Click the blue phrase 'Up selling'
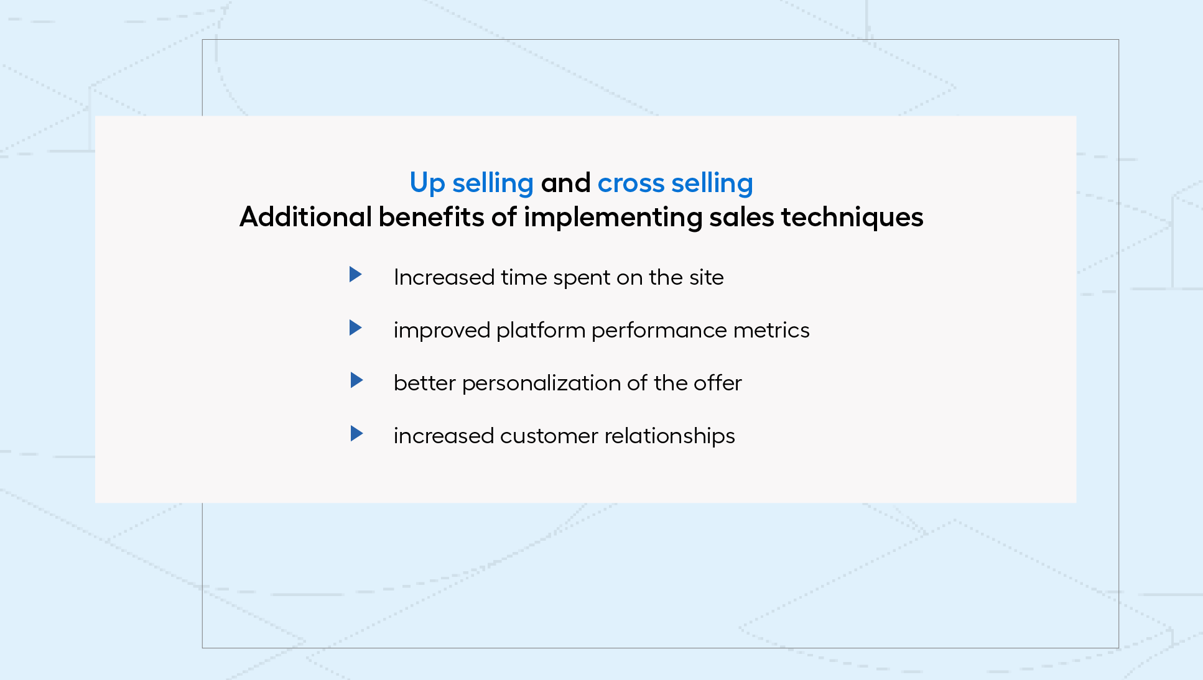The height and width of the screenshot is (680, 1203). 471,183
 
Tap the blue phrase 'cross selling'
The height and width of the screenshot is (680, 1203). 676,183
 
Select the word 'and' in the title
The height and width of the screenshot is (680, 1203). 566,183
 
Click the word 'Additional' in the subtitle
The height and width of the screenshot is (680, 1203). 305,217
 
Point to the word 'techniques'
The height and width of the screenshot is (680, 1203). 852,218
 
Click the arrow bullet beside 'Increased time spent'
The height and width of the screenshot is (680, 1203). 356,274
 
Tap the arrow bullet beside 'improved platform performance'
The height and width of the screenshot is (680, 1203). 356,328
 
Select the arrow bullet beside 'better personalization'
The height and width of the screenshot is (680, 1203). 356,380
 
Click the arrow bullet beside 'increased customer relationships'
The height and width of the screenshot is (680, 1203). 356,433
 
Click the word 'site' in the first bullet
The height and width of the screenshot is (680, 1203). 706,277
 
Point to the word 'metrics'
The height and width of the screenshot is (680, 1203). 771,330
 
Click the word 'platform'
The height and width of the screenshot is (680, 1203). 541,331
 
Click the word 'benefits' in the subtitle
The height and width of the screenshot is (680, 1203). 432,217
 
